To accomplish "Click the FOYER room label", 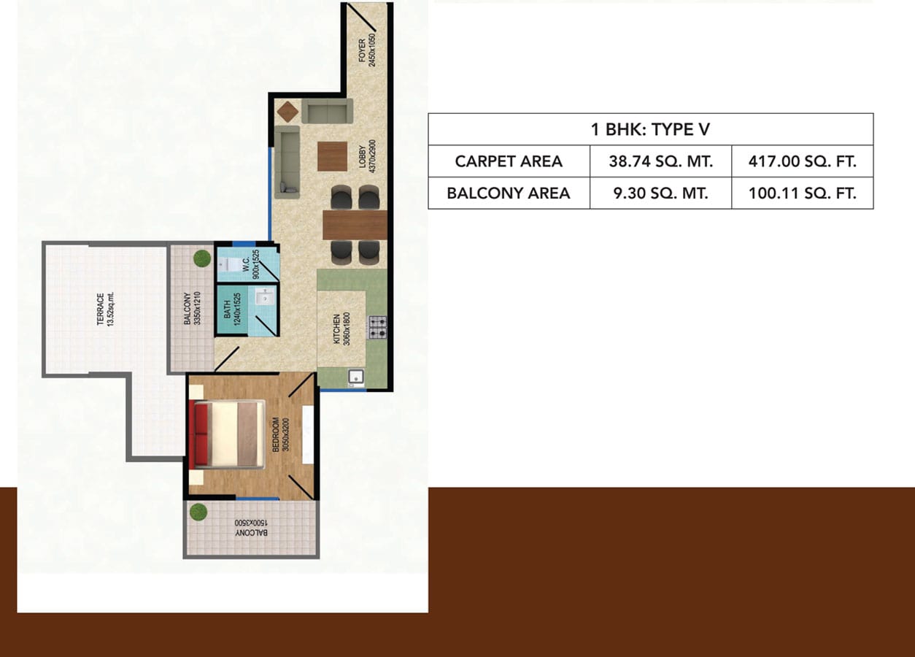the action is tap(362, 50).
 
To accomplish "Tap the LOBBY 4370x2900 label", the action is tap(367, 156).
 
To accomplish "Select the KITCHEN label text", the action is tap(337, 328).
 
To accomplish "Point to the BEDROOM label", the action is tap(276, 434).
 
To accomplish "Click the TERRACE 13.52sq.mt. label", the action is tap(105, 310).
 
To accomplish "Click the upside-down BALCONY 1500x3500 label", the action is tap(251, 528).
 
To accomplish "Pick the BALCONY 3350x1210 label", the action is tap(193, 309).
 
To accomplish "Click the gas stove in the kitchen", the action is tap(378, 327).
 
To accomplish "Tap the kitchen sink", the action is tap(356, 377).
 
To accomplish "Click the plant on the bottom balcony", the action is tap(198, 512).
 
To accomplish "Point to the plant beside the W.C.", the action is tap(202, 258).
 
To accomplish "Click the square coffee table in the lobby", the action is tap(333, 156).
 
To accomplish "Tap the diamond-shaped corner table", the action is tap(287, 111).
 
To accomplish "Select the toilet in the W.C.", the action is tap(226, 265).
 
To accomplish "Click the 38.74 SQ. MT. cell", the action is tap(660, 161).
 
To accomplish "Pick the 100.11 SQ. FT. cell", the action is tap(802, 193).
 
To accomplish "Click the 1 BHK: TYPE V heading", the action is tap(650, 129).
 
